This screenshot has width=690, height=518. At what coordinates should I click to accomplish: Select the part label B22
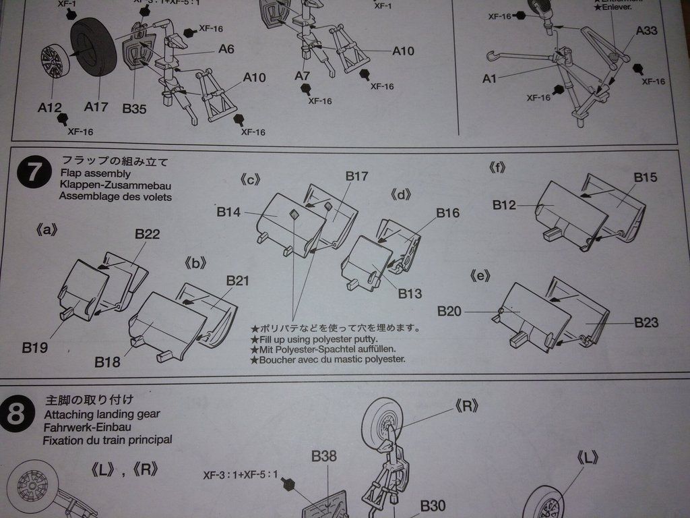point(147,234)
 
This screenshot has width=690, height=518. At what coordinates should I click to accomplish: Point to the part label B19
point(34,348)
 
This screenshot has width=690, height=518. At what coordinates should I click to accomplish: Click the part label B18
point(107,362)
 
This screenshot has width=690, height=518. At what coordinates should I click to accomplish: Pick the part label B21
point(238,280)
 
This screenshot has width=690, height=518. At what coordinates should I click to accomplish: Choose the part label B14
point(228,212)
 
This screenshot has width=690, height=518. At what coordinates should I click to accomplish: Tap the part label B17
point(356,176)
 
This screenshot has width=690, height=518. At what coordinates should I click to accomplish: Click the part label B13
point(410,293)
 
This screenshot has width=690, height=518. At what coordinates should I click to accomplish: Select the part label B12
point(504,204)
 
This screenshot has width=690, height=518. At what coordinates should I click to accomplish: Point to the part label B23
point(646,322)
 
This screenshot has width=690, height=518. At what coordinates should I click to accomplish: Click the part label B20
point(449,311)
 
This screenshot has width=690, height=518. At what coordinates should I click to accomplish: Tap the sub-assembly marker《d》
point(400,196)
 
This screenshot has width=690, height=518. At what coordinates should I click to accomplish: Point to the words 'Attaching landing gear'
point(102,415)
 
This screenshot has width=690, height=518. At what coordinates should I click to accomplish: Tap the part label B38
point(324,457)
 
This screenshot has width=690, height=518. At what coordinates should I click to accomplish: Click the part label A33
point(648,31)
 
